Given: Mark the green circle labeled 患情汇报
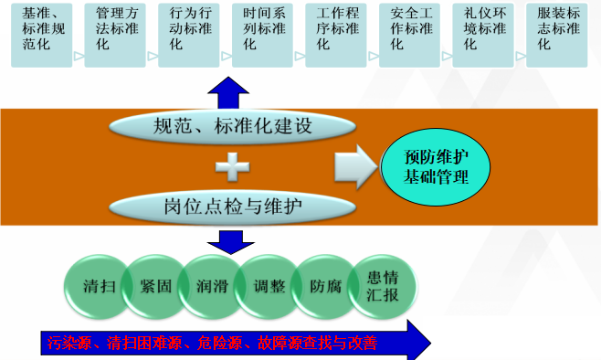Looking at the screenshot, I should click(x=382, y=286).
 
